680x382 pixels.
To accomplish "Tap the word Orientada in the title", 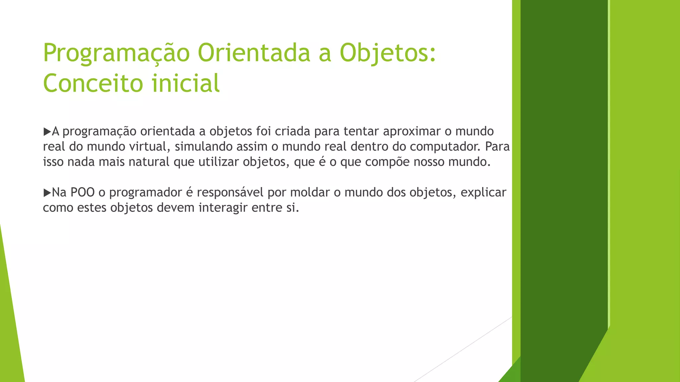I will pyautogui.click(x=254, y=53).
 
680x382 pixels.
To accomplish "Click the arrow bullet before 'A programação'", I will pyautogui.click(x=47, y=132).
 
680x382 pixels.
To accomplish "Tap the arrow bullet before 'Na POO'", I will pyautogui.click(x=47, y=193).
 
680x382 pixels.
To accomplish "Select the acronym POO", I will pyautogui.click(x=83, y=192).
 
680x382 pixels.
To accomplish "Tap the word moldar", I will pyautogui.click(x=310, y=192).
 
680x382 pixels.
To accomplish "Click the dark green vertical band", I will pyautogui.click(x=564, y=166).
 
